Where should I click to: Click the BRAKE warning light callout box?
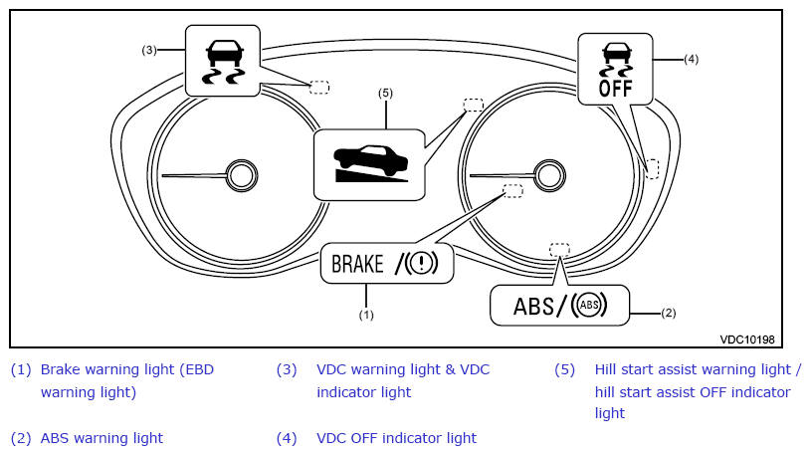[x=387, y=264]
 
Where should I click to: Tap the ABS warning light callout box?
[x=559, y=306]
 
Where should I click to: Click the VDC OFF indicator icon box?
[x=615, y=69]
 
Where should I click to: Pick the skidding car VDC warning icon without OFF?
[x=223, y=61]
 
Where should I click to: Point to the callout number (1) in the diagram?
[x=366, y=315]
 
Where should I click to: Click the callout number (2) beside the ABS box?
[x=669, y=313]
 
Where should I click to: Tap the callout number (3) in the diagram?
[x=149, y=50]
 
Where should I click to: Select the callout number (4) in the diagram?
[x=691, y=59]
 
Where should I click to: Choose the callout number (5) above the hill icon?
[x=385, y=93]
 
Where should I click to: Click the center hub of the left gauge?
[x=242, y=175]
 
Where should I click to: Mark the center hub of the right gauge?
[x=549, y=175]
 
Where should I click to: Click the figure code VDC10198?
[x=747, y=340]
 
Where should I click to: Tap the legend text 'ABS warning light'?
[x=101, y=438]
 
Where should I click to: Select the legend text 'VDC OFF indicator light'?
[x=396, y=438]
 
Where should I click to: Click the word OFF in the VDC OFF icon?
[x=616, y=89]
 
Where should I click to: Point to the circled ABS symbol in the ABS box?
[x=589, y=305]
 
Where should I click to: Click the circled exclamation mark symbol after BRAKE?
[x=421, y=263]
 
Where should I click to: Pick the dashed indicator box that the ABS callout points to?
[x=559, y=250]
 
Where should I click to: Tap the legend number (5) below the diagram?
[x=564, y=369]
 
